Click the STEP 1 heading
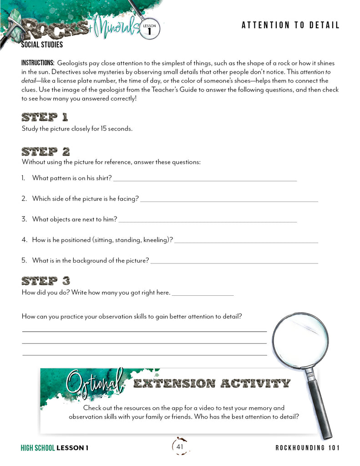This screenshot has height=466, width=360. tap(45, 117)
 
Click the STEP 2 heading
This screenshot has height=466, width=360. tap(46, 151)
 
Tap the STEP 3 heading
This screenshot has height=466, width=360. tap(46, 280)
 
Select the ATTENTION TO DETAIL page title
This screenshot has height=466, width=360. tap(290, 25)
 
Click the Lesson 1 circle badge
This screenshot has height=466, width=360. tap(149, 29)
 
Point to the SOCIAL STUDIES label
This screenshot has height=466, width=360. tap(42, 45)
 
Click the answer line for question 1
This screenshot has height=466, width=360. tap(205, 181)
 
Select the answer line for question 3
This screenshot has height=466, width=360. tap(207, 222)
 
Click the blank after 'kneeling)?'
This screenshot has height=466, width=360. tap(246, 242)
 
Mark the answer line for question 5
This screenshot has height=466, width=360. tap(234, 263)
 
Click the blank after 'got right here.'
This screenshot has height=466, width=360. tap(203, 295)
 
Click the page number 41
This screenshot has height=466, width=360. tap(180, 447)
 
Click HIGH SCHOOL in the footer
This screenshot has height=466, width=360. tap(38, 448)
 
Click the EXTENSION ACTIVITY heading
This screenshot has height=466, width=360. tap(211, 383)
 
